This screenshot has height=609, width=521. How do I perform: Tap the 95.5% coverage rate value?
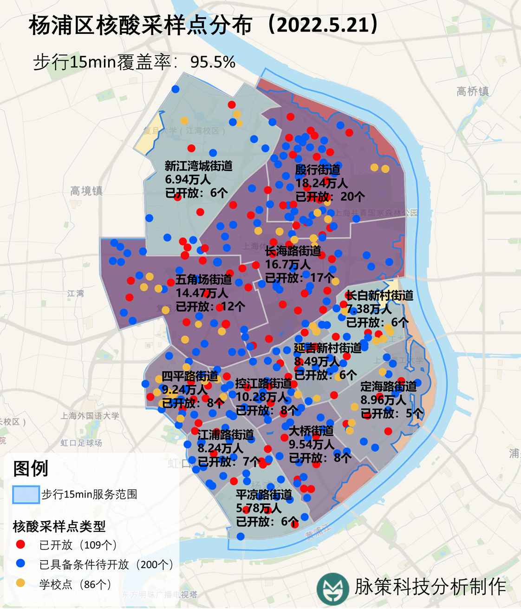(x=213, y=62)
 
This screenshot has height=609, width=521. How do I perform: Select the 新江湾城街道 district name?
(x=199, y=166)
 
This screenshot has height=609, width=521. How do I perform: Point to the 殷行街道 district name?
(x=318, y=170)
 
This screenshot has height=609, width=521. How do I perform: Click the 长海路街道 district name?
(x=293, y=251)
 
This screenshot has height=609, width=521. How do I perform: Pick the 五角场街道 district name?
(x=203, y=280)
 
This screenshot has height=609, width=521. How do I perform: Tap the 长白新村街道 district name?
(x=379, y=295)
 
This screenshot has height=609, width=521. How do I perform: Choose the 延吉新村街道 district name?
(x=328, y=348)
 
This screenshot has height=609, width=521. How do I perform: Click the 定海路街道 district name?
(x=389, y=386)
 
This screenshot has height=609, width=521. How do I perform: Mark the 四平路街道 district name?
(x=190, y=376)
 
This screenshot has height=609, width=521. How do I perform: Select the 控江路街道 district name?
(x=264, y=384)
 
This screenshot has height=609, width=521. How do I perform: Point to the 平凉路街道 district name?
(x=264, y=495)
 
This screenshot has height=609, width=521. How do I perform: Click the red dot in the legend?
(x=20, y=544)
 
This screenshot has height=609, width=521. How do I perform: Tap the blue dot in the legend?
(x=20, y=564)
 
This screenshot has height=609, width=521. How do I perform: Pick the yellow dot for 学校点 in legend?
(x=20, y=583)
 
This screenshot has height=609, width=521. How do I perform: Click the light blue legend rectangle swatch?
(x=26, y=494)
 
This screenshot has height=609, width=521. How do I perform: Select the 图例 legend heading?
(x=31, y=468)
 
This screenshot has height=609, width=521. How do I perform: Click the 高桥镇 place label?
(x=473, y=92)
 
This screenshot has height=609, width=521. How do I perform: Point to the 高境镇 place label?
(x=86, y=191)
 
